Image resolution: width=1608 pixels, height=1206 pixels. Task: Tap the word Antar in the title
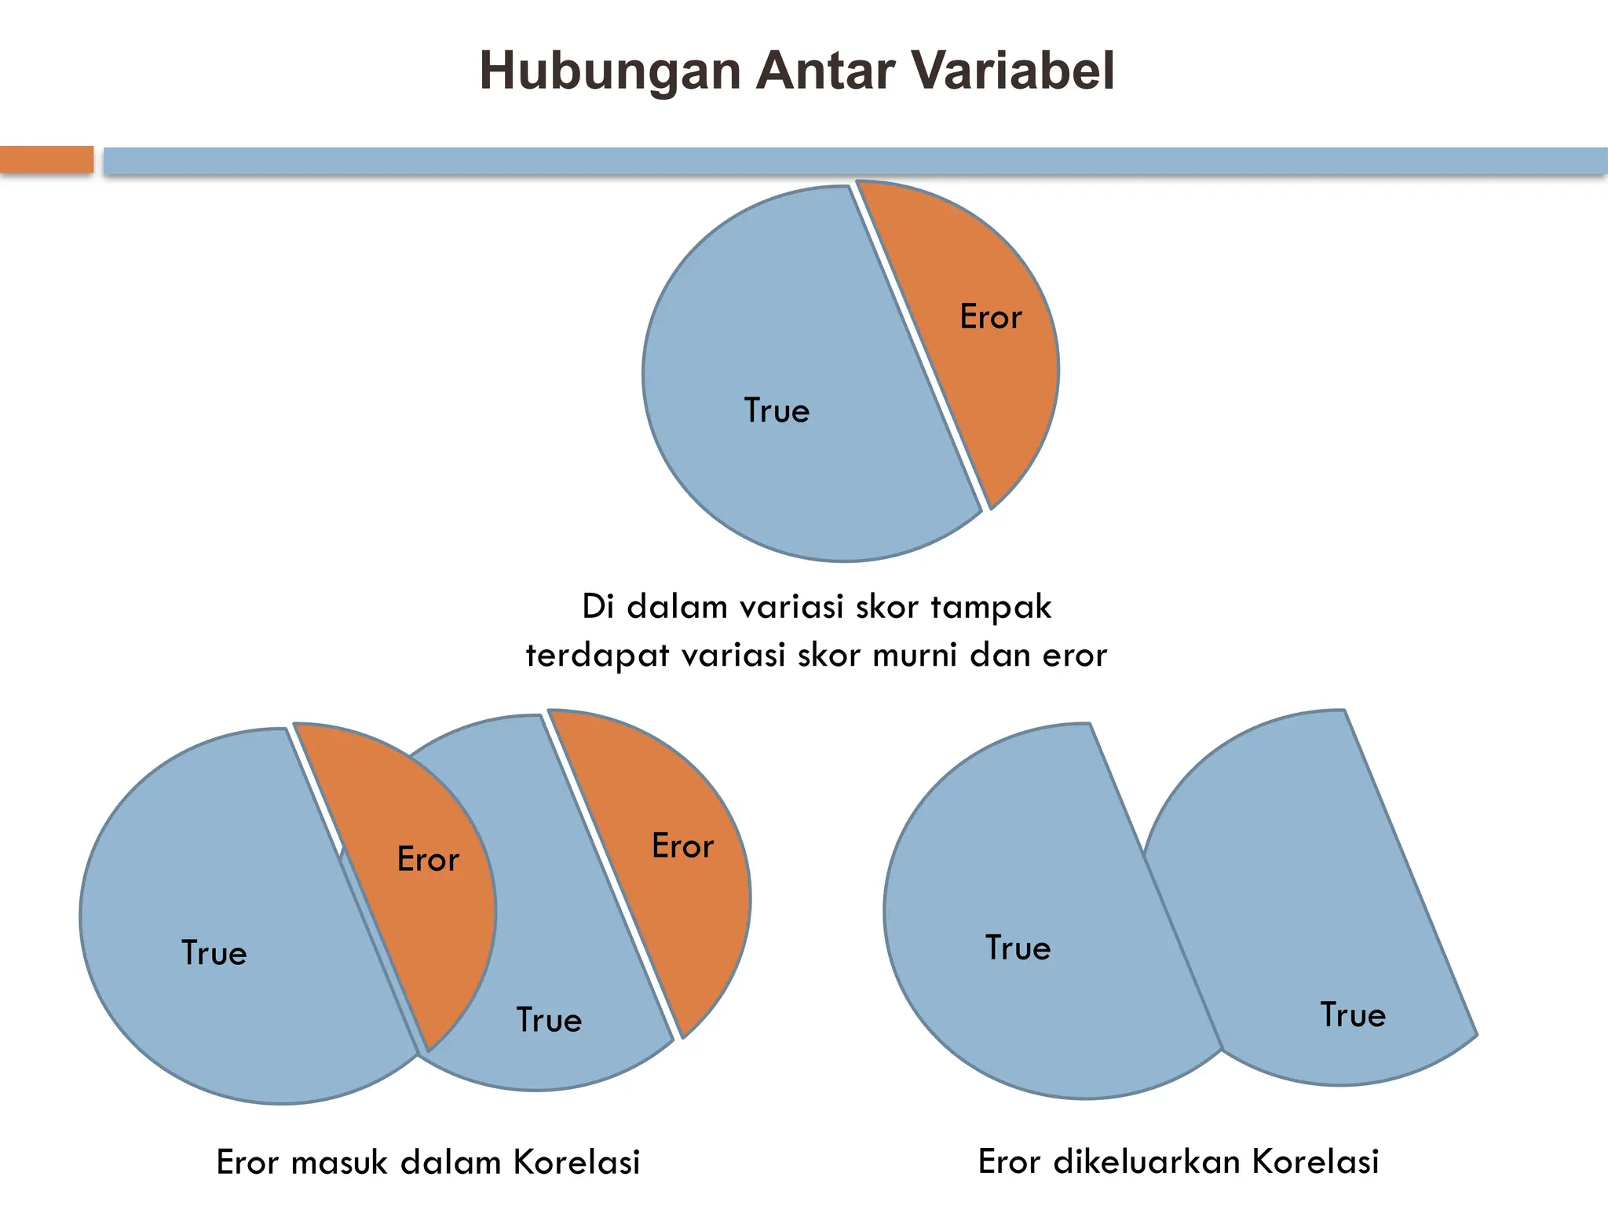point(824,71)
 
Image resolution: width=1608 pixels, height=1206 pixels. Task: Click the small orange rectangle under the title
point(46,159)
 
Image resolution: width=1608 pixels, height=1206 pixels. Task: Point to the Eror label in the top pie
point(991,317)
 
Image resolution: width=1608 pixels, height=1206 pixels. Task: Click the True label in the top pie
point(777,411)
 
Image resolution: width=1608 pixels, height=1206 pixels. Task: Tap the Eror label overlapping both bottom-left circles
point(428,860)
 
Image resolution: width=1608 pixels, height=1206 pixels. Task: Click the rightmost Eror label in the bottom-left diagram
point(683,846)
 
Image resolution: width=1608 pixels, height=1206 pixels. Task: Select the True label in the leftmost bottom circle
point(214,953)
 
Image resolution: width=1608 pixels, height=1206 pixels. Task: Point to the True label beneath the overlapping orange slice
point(550,1020)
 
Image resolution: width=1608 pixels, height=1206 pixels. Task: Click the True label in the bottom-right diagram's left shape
point(1018,948)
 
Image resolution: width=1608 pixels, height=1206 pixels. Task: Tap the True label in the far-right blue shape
point(1353,1015)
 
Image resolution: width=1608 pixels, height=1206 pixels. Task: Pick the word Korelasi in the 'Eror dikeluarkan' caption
point(1315,1162)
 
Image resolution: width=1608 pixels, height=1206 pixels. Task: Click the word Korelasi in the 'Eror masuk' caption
point(577,1163)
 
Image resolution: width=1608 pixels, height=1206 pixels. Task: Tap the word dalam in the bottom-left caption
point(451,1163)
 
